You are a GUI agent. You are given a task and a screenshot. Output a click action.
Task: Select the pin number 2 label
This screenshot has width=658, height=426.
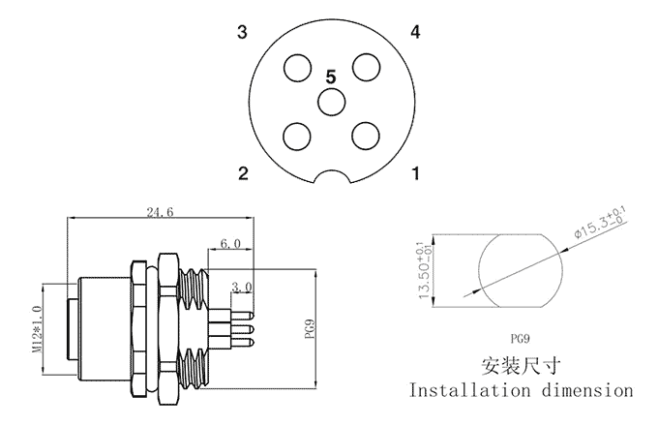point(244,174)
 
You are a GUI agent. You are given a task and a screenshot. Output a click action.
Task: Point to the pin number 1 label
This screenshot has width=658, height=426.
point(415,174)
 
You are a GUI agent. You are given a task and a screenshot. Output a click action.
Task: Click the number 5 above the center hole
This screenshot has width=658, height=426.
point(331,76)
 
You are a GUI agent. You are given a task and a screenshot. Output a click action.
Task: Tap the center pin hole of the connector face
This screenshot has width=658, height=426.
point(331,102)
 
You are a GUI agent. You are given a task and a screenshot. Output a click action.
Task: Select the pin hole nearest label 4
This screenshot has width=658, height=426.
point(365,67)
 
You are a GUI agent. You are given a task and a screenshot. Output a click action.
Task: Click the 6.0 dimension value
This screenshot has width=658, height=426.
point(230,244)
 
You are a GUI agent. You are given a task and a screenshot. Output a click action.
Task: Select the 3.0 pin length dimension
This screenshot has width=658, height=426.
point(242,288)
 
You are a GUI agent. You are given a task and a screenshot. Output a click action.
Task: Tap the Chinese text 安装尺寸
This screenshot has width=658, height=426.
point(521,366)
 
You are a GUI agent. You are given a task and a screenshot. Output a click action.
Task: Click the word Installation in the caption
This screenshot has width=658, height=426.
point(470,391)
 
